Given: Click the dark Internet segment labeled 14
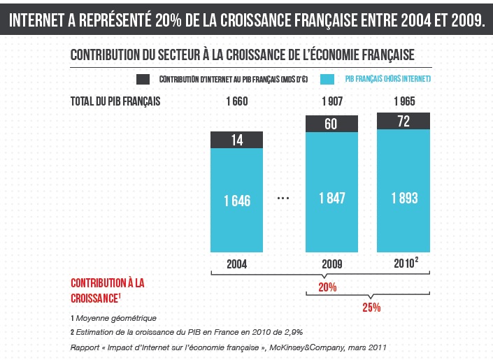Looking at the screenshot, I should pos(237,140).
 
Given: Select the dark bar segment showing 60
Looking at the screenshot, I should pos(332,124).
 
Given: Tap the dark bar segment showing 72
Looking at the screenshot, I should pos(403,122).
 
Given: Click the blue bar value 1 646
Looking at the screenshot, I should pos(237,201).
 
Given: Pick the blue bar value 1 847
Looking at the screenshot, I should pos(332,199).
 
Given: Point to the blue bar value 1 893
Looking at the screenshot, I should pos(403,199).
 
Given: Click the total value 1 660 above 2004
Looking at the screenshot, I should pos(237,101).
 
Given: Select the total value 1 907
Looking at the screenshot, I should pos(332,101).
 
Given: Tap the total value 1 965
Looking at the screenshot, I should pos(403,101).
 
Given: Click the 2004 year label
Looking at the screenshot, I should pos(237,265).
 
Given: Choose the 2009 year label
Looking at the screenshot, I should pos(332,265).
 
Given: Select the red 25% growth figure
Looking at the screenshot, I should pos(371,308).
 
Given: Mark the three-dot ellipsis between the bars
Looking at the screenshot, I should pos(283,199).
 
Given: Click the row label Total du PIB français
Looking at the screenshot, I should pos(115,101).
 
